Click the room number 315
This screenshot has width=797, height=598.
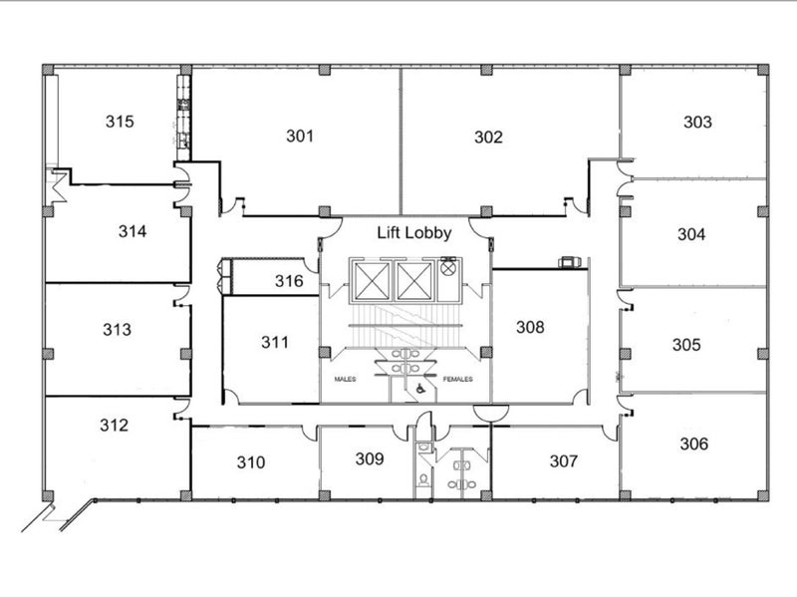[x=120, y=122]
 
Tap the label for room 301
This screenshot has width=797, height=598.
[x=300, y=136]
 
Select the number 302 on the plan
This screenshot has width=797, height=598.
[x=488, y=137]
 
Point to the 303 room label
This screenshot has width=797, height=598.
[x=698, y=122]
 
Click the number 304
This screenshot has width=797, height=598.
[x=691, y=234]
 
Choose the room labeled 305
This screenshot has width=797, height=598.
[x=686, y=345]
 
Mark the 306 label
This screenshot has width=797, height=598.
[x=694, y=444]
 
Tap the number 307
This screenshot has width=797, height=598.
[x=564, y=461]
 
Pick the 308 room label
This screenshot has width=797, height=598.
[x=530, y=327]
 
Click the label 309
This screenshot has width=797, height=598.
[x=370, y=459]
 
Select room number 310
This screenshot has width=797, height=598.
[x=251, y=462]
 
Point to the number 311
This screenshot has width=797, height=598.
[x=275, y=342]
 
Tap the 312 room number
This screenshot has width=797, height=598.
[x=114, y=426]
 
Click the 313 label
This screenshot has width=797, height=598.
[x=117, y=330]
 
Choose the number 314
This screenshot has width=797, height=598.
[x=133, y=231]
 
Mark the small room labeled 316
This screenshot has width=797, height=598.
[x=289, y=281]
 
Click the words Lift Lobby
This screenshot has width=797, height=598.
[x=414, y=233]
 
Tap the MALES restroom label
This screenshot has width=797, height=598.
[x=345, y=379]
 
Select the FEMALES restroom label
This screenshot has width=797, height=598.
[x=458, y=379]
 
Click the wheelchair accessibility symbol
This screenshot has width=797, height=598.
[x=420, y=389]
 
